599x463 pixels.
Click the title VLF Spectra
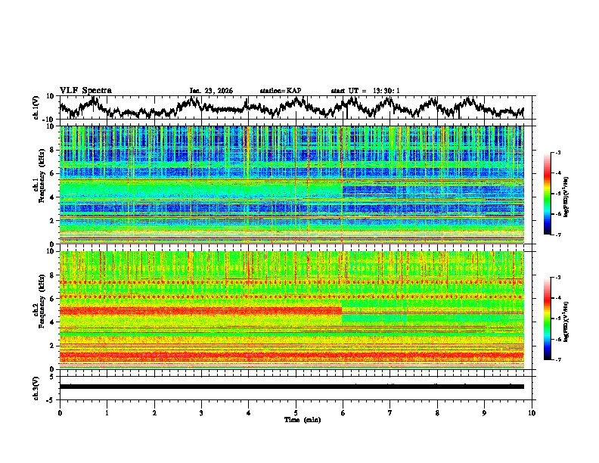(x=85, y=91)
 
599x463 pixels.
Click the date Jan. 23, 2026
(x=211, y=91)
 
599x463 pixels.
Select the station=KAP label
(x=280, y=91)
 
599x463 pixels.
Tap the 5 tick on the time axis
(x=296, y=412)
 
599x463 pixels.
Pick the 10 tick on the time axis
(x=532, y=412)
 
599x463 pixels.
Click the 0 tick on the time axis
(x=60, y=412)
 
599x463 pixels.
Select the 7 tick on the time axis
(x=390, y=412)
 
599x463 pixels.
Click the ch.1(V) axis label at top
(x=36, y=107)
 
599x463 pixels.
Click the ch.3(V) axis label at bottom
(x=36, y=386)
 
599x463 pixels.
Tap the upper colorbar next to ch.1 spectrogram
(x=554, y=194)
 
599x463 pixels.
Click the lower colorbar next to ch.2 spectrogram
(x=554, y=319)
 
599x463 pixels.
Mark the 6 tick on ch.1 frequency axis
(x=53, y=173)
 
